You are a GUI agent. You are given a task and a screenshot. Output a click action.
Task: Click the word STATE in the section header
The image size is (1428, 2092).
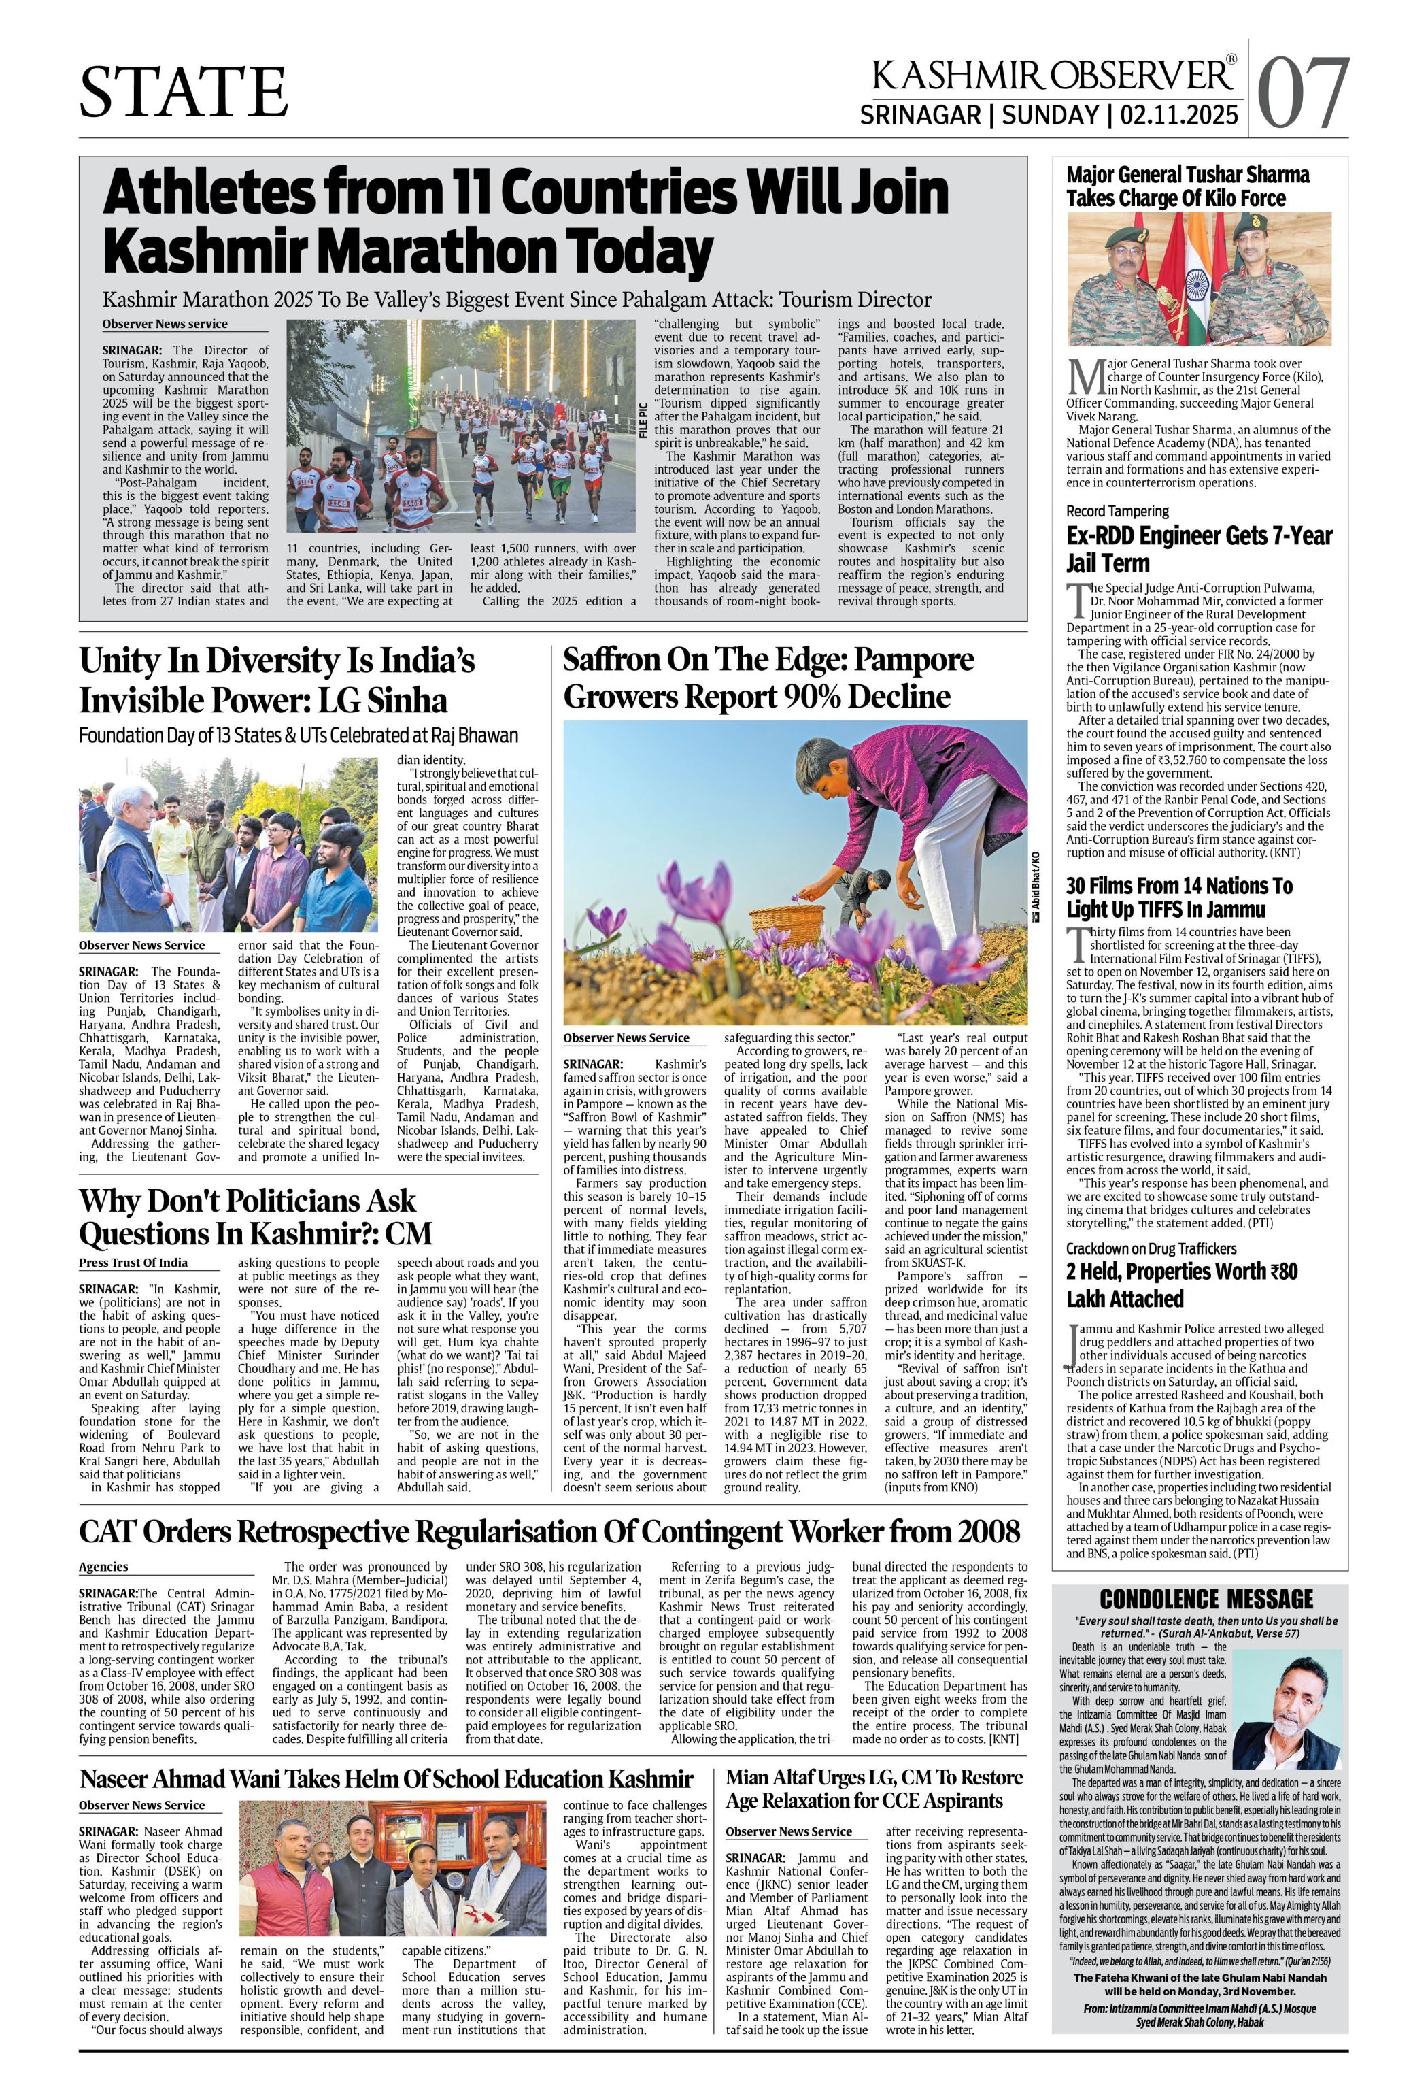click(184, 92)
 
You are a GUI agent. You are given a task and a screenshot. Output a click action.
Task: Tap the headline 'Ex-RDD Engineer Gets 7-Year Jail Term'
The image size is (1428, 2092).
click(1199, 549)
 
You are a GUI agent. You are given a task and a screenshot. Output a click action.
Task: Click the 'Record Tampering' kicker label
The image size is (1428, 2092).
click(1117, 510)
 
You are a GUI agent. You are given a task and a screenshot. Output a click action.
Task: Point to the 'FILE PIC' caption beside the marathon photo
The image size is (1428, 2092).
click(643, 420)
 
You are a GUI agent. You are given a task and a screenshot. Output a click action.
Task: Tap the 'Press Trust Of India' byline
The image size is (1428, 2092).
click(133, 1262)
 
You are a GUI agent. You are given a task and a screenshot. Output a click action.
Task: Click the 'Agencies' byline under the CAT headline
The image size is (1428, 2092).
click(103, 1566)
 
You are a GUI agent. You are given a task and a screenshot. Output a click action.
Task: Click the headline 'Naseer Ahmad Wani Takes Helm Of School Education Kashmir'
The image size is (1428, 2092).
click(386, 1779)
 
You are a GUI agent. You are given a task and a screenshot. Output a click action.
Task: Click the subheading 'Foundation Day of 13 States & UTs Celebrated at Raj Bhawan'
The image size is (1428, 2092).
click(298, 735)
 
